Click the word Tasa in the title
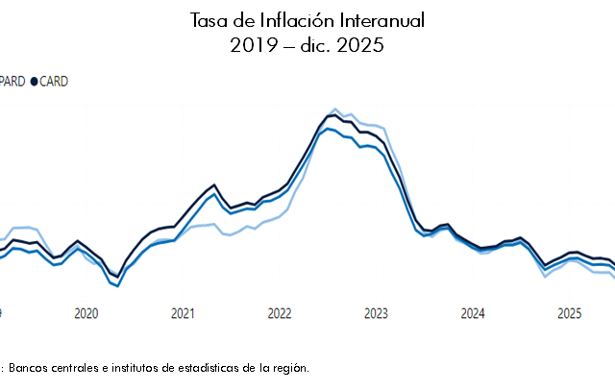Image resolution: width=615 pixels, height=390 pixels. coord(210,20)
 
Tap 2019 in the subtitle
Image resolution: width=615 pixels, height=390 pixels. coord(252,46)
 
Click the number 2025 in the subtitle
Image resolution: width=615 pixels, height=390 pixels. coord(361,46)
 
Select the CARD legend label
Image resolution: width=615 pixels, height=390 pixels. coord(53,82)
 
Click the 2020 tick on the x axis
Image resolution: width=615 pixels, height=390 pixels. coord(86,313)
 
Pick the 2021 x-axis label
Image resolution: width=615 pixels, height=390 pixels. coord(183,313)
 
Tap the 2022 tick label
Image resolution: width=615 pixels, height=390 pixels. coord(280,313)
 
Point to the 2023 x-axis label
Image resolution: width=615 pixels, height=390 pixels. coord(376,313)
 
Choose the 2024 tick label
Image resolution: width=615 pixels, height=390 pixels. coord(473,313)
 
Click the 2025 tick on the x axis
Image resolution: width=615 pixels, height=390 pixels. coord(569,313)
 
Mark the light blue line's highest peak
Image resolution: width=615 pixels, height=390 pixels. coord(334,109)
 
